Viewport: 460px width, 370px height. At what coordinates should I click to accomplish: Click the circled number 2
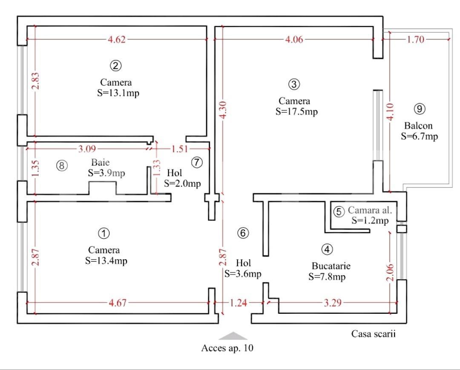pos(116,66)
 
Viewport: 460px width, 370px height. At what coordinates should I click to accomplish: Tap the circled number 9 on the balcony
pos(419,109)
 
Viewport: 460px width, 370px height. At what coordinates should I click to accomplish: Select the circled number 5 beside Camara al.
pos(339,211)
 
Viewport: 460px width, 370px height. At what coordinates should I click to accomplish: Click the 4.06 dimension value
pos(294,40)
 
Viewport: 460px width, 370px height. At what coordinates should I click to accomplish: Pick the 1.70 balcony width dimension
pos(416,40)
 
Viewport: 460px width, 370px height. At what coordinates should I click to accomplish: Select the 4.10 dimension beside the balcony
pos(390,112)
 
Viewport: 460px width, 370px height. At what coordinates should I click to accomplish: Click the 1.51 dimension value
pos(179,149)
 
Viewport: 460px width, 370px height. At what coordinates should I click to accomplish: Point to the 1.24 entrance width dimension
pos(238,303)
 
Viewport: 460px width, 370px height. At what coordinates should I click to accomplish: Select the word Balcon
pos(418,126)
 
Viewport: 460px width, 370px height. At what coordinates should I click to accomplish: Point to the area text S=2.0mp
pos(182,184)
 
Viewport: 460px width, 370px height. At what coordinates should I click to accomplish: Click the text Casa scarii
pos(374,333)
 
